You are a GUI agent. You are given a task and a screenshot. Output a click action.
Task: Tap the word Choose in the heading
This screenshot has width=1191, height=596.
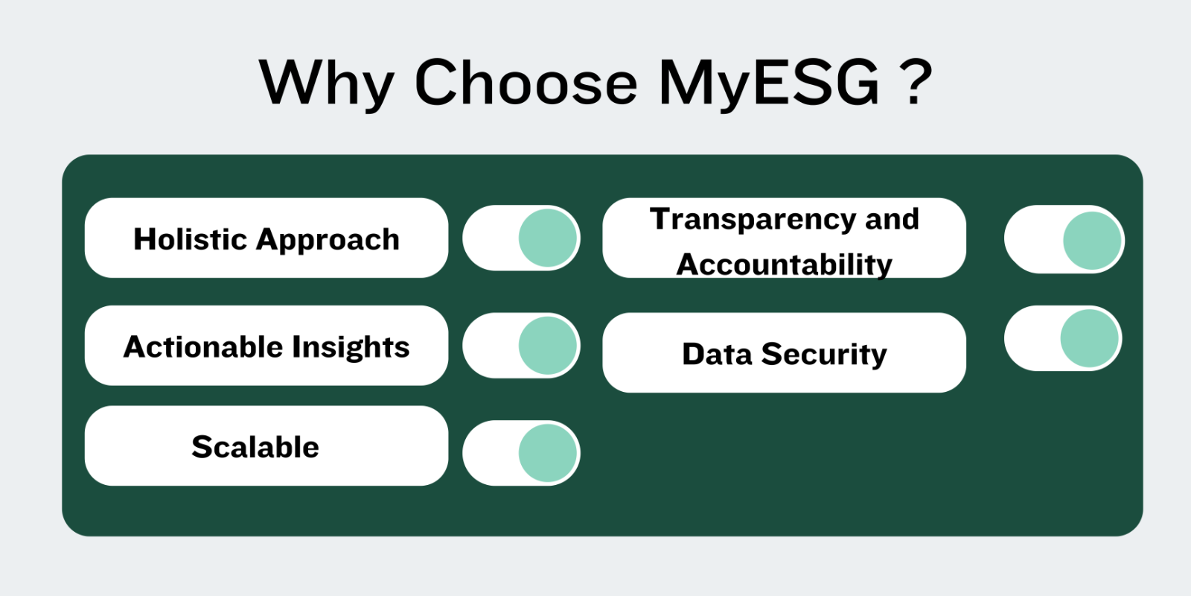(x=526, y=83)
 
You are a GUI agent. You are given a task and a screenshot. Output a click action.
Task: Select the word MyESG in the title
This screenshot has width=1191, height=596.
(x=768, y=84)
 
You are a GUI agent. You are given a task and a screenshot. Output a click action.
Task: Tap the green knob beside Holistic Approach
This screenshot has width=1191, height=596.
(x=548, y=238)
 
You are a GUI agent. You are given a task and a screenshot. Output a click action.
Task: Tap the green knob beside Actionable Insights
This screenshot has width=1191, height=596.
(x=548, y=346)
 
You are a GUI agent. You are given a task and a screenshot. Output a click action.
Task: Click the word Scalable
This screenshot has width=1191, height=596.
(x=255, y=446)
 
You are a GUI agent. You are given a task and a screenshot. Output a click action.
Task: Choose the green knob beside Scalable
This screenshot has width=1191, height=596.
(x=548, y=453)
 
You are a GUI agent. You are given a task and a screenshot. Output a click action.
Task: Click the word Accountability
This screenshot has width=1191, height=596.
(x=785, y=265)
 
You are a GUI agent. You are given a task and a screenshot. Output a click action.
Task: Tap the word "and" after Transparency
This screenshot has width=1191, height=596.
(x=893, y=219)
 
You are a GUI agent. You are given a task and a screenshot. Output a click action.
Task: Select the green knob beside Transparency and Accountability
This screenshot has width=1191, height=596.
(x=1092, y=241)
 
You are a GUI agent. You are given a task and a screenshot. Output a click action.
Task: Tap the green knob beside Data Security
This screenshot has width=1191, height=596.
(x=1090, y=338)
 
